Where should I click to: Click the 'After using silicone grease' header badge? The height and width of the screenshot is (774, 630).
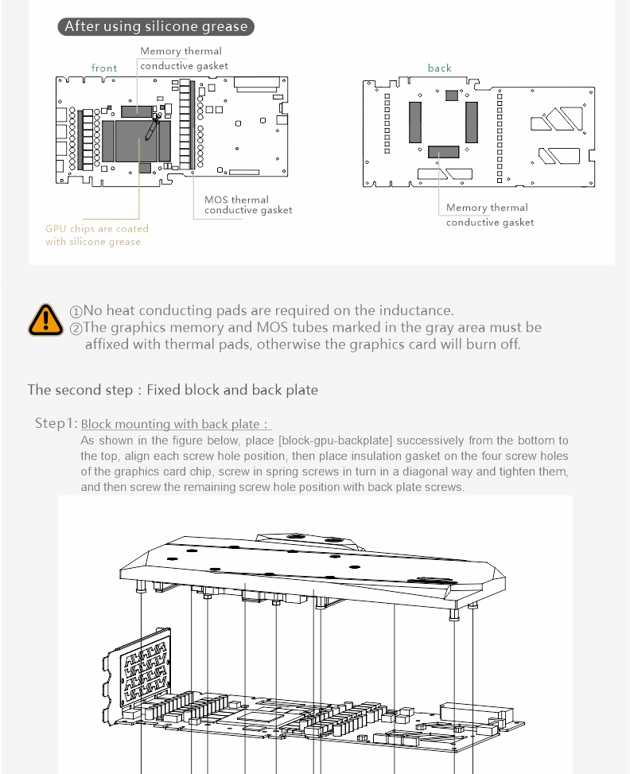click(156, 26)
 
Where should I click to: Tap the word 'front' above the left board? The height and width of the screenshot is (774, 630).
click(104, 68)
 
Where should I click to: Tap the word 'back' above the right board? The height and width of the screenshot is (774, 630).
click(439, 68)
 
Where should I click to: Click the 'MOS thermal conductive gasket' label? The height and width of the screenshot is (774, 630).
click(248, 205)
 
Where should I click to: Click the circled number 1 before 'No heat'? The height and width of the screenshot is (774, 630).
click(76, 311)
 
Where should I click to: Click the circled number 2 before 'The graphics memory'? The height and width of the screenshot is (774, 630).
click(76, 328)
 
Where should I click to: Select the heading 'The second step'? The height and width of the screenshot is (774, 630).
click(173, 390)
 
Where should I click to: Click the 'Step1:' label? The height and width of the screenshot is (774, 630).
click(56, 423)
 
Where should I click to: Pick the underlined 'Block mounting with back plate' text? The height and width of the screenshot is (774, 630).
click(176, 425)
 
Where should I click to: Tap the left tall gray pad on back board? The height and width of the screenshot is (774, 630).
click(415, 122)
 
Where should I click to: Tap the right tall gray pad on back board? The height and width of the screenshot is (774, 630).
click(472, 122)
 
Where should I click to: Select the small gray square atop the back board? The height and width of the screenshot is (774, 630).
click(452, 95)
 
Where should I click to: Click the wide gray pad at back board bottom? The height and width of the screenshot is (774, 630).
click(443, 151)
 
